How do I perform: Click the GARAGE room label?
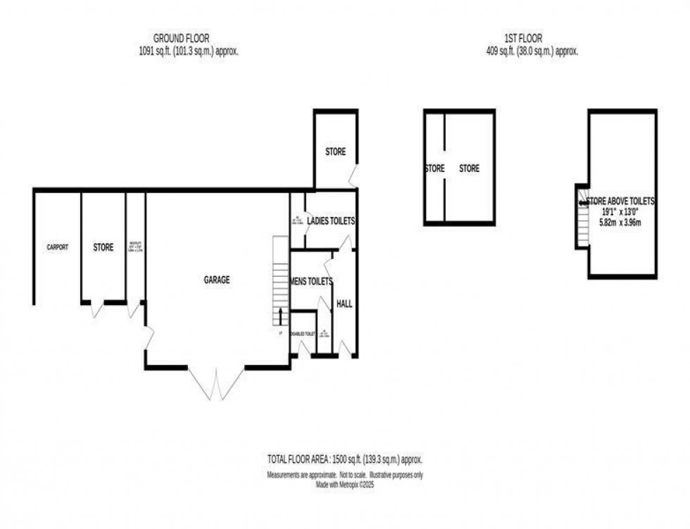pyautogui.click(x=217, y=280)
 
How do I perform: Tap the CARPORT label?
pyautogui.click(x=57, y=247)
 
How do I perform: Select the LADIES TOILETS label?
pyautogui.click(x=331, y=221)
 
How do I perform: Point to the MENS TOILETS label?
pyautogui.click(x=311, y=280)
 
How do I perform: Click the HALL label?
pyautogui.click(x=345, y=304)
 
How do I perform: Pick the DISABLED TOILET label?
pyautogui.click(x=304, y=335)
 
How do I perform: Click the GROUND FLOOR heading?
pyautogui.click(x=182, y=38)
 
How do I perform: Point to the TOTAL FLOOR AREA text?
pyautogui.click(x=344, y=460)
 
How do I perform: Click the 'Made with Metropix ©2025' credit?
pyautogui.click(x=344, y=484)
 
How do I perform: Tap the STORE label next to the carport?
pyautogui.click(x=103, y=247)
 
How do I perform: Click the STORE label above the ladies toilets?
pyautogui.click(x=336, y=151)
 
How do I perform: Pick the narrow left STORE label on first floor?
pyautogui.click(x=434, y=168)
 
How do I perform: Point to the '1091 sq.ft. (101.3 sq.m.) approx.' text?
pyautogui.click(x=182, y=51)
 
